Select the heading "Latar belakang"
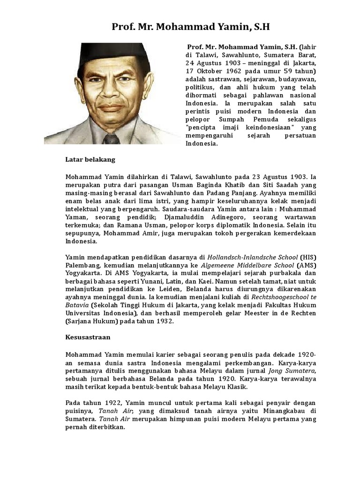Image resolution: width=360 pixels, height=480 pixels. (x=90, y=159)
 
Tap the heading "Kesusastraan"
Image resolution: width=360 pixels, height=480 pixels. (x=87, y=337)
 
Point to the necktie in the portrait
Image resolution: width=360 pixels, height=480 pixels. (x=111, y=138)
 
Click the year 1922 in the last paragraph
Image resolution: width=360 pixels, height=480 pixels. (x=109, y=403)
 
